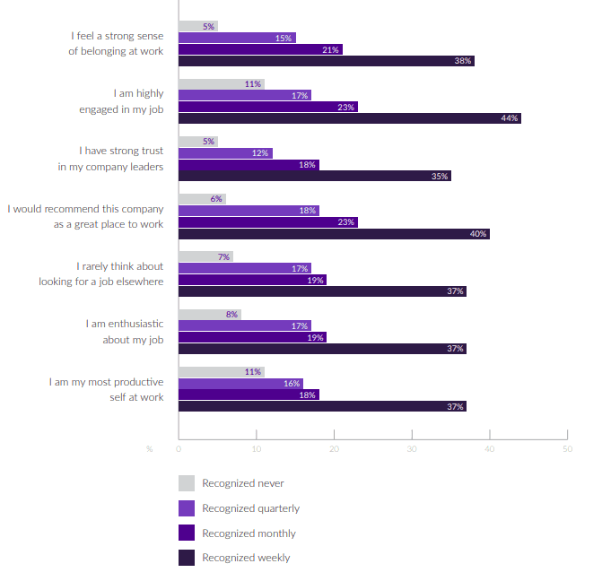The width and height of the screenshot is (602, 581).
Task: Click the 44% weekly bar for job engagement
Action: tap(349, 118)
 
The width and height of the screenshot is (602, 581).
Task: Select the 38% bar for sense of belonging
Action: tap(326, 61)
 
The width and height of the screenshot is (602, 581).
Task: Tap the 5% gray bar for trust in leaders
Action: tap(197, 142)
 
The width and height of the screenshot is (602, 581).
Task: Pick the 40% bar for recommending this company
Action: tap(334, 234)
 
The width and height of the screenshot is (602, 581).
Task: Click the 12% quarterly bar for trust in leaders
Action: tap(225, 153)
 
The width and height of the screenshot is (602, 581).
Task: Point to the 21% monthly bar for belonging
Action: tap(260, 49)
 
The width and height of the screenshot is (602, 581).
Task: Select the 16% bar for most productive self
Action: tap(240, 384)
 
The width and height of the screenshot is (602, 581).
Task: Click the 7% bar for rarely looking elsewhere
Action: tap(205, 256)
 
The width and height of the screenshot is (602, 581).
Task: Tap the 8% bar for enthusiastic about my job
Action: tap(209, 315)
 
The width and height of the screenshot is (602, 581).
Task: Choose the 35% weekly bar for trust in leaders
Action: tap(314, 176)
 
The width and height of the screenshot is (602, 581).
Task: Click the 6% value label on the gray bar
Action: tap(216, 199)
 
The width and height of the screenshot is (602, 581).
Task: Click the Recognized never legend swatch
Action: tap(187, 483)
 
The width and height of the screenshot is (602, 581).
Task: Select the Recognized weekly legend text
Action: tap(246, 558)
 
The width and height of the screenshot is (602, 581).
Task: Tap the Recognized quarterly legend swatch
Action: tap(187, 508)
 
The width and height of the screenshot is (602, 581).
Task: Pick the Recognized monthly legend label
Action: tap(249, 533)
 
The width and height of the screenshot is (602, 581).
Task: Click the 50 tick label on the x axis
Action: tap(566, 448)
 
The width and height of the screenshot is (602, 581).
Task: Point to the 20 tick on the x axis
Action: tap(334, 448)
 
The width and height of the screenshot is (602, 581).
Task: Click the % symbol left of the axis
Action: tap(149, 448)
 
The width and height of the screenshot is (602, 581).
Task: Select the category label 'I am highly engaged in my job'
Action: tap(121, 101)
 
